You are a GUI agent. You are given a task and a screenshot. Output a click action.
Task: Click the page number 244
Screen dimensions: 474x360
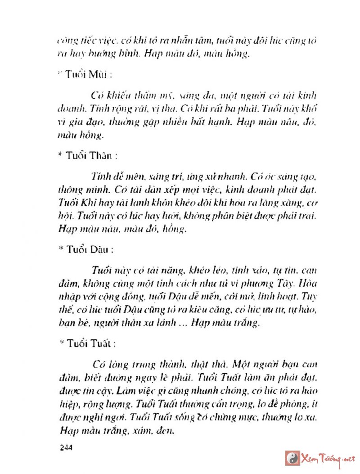pos(66,447)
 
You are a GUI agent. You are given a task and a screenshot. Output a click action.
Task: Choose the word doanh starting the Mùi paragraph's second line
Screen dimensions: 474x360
pos(70,108)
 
